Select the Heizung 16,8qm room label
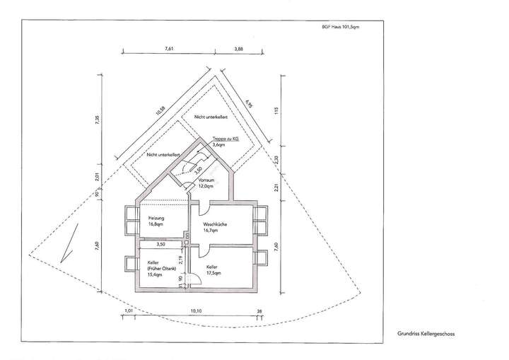click(x=156, y=221)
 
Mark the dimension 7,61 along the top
click(x=168, y=47)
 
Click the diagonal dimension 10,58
click(x=160, y=111)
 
